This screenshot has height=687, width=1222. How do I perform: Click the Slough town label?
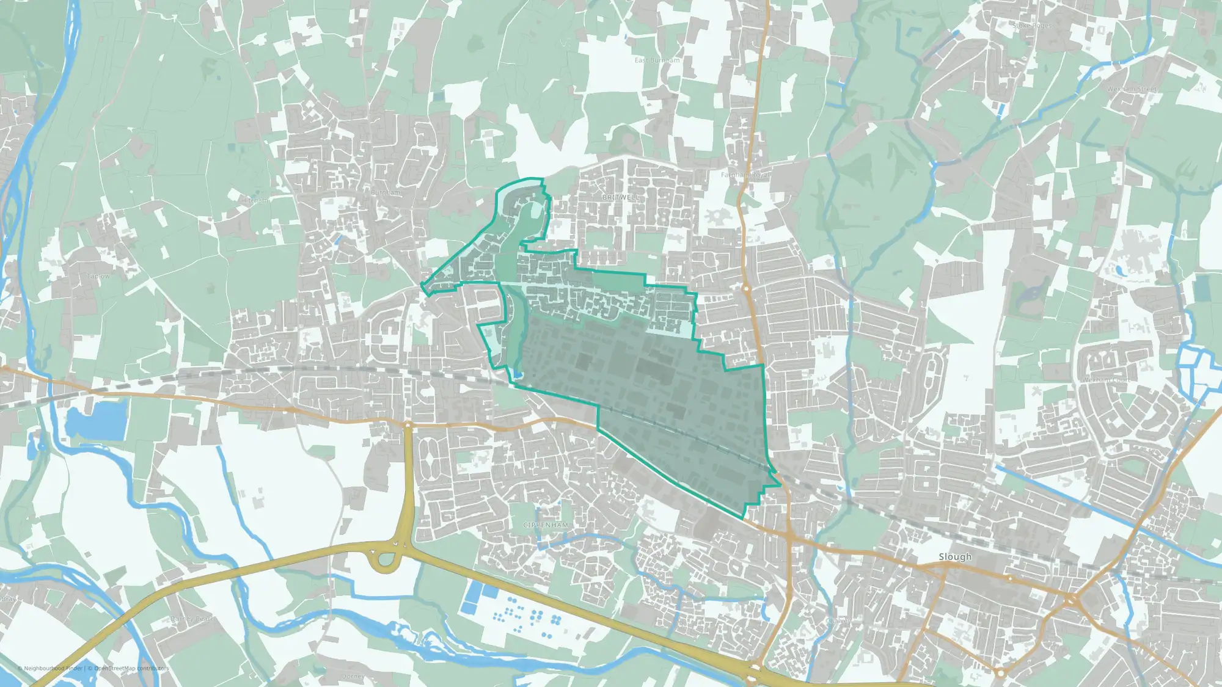[x=955, y=557]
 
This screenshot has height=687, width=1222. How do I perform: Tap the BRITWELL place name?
[x=621, y=198]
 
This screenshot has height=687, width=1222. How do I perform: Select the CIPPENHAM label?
[x=546, y=525]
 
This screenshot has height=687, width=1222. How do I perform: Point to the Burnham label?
[x=386, y=192]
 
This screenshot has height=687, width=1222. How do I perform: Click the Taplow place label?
[x=98, y=276]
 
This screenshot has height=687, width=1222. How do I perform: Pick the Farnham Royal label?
[x=745, y=175]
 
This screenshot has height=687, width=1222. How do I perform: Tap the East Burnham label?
[x=657, y=60]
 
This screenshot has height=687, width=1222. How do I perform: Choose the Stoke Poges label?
[x=1033, y=26]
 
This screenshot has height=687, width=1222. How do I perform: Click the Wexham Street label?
[x=1132, y=89]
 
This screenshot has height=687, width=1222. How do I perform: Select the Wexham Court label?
[x=1106, y=380]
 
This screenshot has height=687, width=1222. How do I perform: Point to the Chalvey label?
[x=838, y=621]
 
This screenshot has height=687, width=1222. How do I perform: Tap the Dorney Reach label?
[x=192, y=619]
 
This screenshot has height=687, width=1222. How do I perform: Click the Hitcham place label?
[x=255, y=200]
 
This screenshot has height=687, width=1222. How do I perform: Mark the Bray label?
[x=9, y=599]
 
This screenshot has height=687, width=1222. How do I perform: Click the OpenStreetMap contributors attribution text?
[x=131, y=669]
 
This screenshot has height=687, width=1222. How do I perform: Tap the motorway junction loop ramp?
[x=384, y=559]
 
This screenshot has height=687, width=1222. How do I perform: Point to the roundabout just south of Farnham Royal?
[x=746, y=288]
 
